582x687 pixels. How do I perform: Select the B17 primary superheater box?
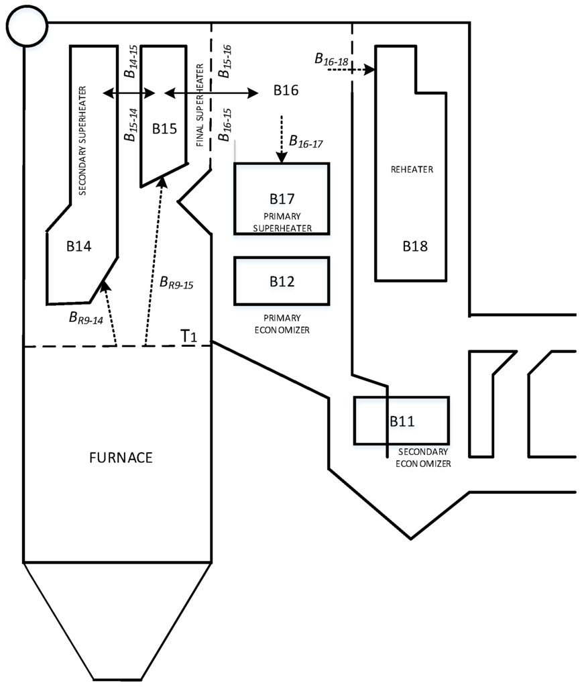click(x=282, y=199)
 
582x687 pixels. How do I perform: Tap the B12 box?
click(x=282, y=281)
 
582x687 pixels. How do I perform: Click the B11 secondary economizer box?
click(x=402, y=421)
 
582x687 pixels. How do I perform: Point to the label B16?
click(x=286, y=91)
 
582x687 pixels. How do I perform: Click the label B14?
click(x=79, y=246)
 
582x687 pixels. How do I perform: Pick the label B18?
click(x=415, y=246)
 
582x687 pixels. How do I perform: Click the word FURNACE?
click(x=121, y=458)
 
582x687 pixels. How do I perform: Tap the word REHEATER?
click(x=412, y=170)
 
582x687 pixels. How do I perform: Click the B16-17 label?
click(x=306, y=142)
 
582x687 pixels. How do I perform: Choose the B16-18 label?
click(x=332, y=60)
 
